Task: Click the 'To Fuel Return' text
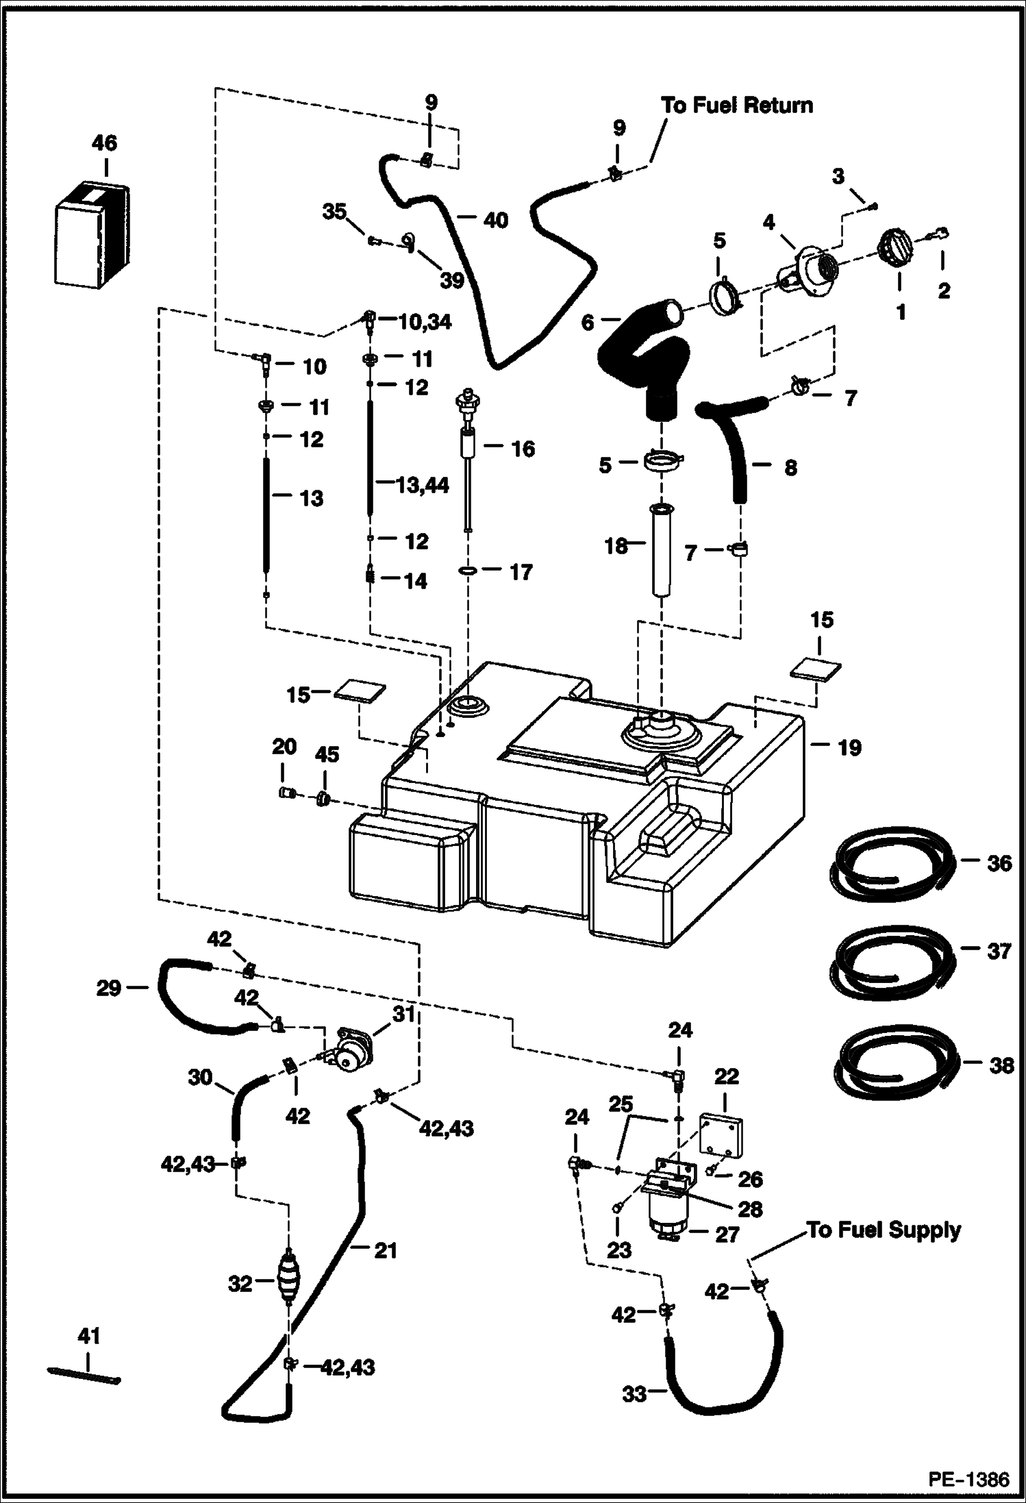pyautogui.click(x=736, y=105)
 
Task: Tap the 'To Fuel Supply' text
pyautogui.click(x=884, y=1230)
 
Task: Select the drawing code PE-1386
pyautogui.click(x=968, y=1480)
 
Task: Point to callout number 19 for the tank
pyautogui.click(x=849, y=747)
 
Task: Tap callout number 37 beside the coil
pyautogui.click(x=999, y=951)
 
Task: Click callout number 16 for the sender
pyautogui.click(x=523, y=449)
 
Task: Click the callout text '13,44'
pyautogui.click(x=423, y=485)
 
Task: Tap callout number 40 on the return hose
pyautogui.click(x=496, y=220)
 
